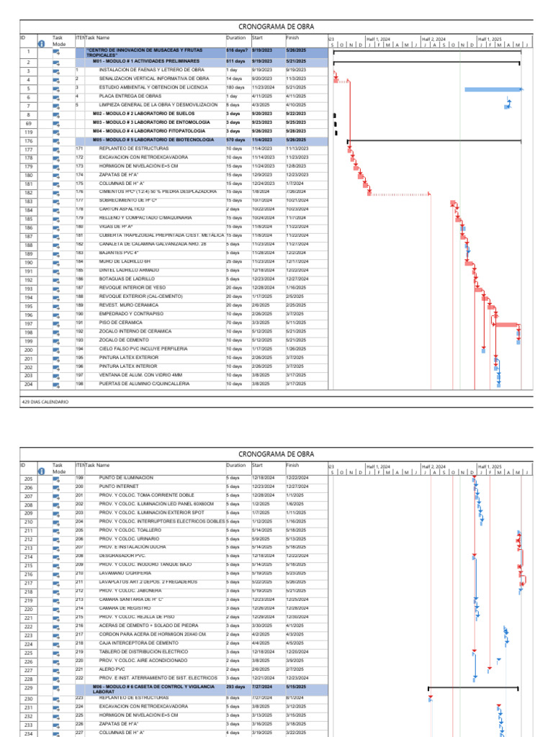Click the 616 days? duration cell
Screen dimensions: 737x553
pos(237,50)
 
